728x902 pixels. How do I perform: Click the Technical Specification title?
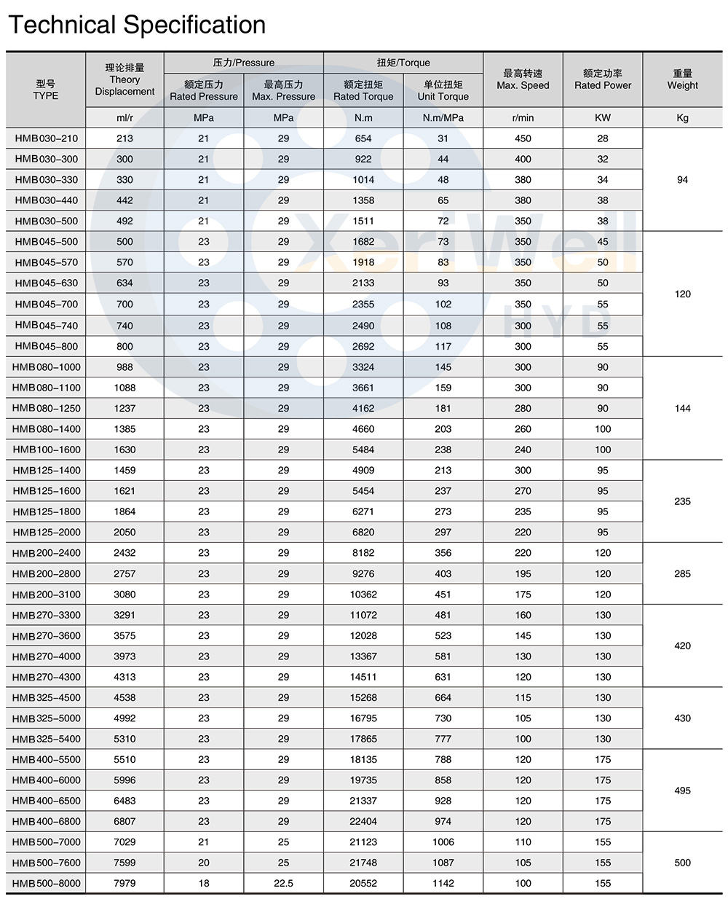(x=137, y=25)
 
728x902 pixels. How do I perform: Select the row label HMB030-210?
(x=46, y=138)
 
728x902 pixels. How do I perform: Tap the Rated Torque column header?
(x=363, y=90)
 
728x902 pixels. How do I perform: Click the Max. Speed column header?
(x=523, y=79)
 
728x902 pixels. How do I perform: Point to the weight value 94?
(x=682, y=179)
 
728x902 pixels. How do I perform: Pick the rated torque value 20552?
(x=363, y=883)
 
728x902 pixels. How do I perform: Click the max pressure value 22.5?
(x=283, y=883)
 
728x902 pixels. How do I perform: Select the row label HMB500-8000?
(x=46, y=883)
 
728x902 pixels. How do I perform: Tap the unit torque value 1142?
(x=443, y=883)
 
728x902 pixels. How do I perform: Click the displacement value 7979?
(x=124, y=883)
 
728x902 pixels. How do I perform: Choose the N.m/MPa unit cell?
(x=443, y=117)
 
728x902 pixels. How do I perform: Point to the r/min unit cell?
(x=523, y=117)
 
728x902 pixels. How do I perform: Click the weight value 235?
(x=682, y=501)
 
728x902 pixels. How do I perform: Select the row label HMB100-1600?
(x=46, y=450)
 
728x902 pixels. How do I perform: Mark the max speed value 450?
(x=523, y=138)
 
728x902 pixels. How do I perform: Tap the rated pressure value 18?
(x=203, y=883)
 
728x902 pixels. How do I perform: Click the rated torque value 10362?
(x=363, y=595)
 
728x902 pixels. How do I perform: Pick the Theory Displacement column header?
(x=124, y=79)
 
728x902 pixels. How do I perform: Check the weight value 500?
(x=682, y=863)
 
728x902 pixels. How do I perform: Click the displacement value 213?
(x=124, y=138)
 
